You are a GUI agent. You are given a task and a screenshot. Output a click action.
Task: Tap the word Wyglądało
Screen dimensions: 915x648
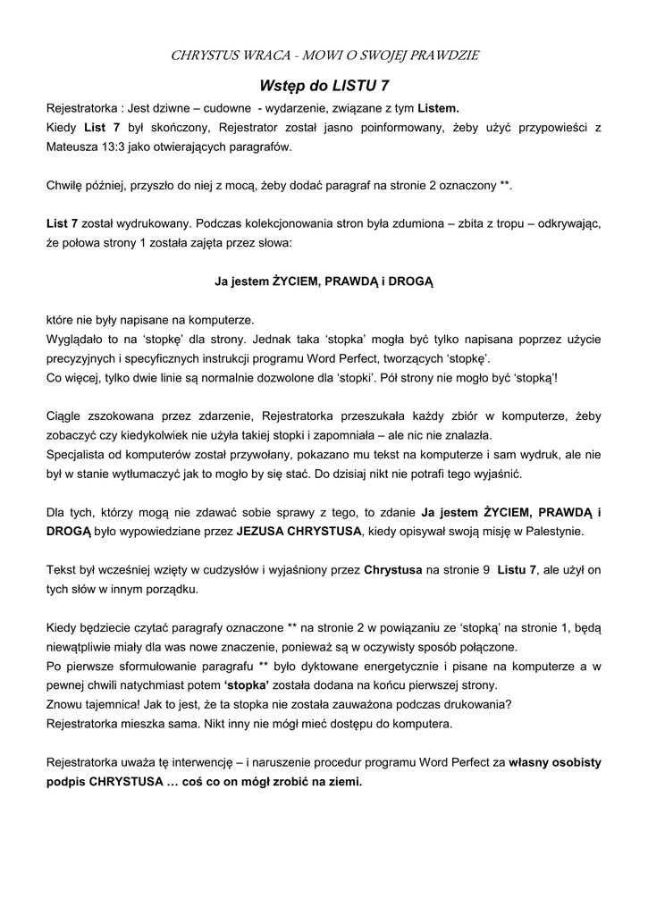(80, 339)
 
